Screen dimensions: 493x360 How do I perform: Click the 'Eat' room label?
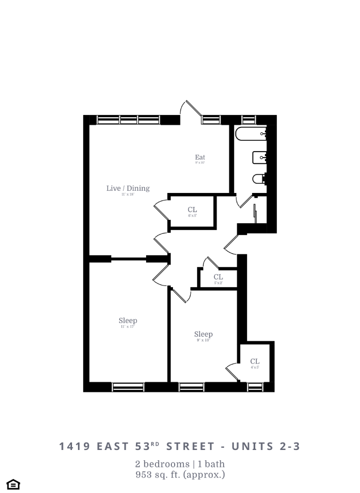click(200, 158)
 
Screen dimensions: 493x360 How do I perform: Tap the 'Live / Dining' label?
click(128, 188)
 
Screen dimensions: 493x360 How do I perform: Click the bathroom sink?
click(260, 157)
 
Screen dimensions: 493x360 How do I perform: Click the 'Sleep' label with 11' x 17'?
click(128, 321)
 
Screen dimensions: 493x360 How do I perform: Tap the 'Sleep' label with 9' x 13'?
click(203, 334)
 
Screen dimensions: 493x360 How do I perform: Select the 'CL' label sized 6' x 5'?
click(192, 210)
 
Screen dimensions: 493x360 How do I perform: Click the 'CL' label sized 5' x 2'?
click(218, 277)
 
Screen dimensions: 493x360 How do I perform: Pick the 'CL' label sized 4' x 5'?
click(255, 362)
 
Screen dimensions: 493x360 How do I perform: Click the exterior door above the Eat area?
click(191, 111)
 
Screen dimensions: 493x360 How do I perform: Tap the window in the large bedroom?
click(128, 387)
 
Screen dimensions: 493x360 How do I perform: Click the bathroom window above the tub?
click(248, 119)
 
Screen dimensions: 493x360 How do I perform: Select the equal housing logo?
click(13, 484)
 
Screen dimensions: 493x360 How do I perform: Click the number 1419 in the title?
click(75, 446)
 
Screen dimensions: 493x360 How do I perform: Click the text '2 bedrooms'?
click(161, 464)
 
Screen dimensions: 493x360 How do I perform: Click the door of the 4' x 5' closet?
click(232, 371)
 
